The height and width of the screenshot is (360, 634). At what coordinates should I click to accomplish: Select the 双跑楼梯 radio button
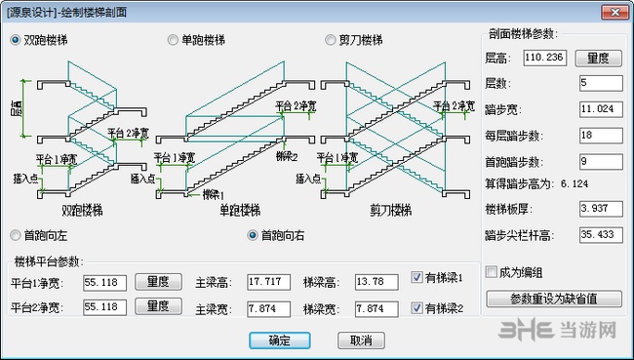(x=16, y=40)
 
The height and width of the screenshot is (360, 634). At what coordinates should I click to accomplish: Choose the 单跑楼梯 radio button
(x=174, y=40)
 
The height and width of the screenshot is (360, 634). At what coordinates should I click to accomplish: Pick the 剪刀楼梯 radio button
(x=331, y=40)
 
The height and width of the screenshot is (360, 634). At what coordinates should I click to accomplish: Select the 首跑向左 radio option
(x=16, y=235)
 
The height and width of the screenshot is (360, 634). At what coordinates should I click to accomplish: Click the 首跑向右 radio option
(x=254, y=235)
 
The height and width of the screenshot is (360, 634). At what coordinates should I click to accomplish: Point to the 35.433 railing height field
(x=599, y=234)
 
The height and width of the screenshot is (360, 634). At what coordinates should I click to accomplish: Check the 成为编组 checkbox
(x=491, y=272)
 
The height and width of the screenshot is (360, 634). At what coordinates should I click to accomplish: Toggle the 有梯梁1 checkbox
(x=417, y=276)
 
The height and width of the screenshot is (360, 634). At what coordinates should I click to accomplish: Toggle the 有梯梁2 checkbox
(x=417, y=308)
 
